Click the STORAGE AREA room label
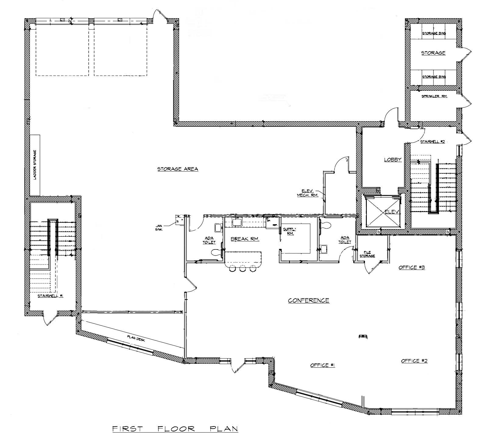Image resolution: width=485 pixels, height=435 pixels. pos(178,169)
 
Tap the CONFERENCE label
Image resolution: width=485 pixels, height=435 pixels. pos(309,301)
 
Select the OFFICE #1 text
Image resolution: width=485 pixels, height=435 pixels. pos(323,365)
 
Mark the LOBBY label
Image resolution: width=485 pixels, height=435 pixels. pos(392,159)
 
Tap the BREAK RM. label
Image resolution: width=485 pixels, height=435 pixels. pos(245,239)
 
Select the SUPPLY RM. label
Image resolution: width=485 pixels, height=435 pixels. pos(290,231)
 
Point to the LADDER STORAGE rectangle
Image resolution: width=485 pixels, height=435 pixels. pos(35,165)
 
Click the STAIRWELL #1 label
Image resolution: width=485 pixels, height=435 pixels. pos(50,296)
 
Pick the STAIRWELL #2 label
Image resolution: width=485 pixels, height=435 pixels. pos(433,142)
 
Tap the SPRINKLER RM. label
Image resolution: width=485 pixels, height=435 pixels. pos(434,96)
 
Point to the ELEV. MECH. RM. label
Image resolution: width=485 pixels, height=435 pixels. pos(307,193)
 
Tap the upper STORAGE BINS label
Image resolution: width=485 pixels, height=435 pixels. pos(434,33)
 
